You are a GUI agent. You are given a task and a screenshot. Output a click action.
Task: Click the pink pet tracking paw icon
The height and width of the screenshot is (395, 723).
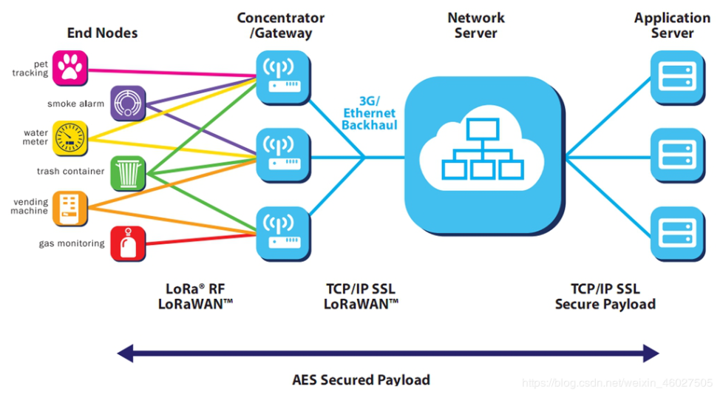click(x=70, y=69)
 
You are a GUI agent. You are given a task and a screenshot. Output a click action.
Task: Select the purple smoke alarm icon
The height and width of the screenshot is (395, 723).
click(x=128, y=104)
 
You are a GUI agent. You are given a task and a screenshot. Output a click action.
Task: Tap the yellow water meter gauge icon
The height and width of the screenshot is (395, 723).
click(x=70, y=138)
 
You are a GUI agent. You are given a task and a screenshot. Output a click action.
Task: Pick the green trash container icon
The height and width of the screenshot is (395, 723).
click(x=129, y=172)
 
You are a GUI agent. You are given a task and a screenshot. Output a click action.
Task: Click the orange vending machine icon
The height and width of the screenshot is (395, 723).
click(x=70, y=207)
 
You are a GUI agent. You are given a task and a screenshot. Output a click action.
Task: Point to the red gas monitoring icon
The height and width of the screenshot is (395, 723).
click(x=128, y=243)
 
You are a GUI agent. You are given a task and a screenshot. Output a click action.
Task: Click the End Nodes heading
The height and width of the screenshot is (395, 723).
click(x=102, y=33)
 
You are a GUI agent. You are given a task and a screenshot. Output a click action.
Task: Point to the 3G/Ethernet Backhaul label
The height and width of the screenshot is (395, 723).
click(x=370, y=113)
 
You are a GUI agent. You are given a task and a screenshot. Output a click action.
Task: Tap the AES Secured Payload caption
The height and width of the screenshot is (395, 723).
click(x=361, y=379)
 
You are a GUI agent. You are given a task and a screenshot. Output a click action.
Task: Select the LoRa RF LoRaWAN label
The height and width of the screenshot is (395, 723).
click(x=195, y=296)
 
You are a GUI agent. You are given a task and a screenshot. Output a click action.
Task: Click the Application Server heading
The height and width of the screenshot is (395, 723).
click(x=672, y=25)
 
